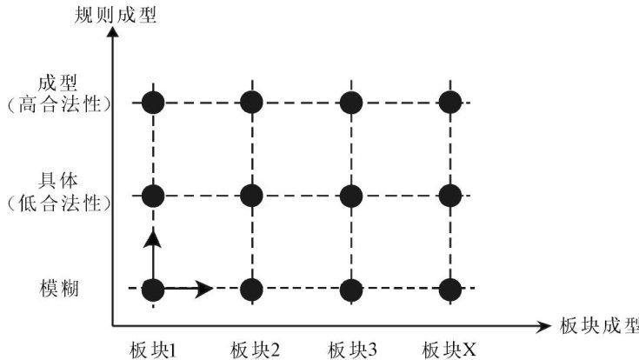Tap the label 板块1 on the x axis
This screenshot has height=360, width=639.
point(154,349)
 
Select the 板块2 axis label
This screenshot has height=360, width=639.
point(254,349)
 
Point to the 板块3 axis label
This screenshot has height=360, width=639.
point(352,349)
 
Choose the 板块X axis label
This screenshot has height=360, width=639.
point(449,349)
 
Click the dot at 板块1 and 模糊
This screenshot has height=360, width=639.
point(153,289)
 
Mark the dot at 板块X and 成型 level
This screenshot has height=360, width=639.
point(449,103)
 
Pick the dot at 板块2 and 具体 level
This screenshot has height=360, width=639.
point(252,196)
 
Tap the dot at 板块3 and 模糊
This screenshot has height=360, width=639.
point(350,289)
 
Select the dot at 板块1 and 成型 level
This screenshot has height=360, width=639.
point(153,103)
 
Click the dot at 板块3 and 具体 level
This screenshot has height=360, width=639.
point(350,196)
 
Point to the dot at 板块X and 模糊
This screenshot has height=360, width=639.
point(449,289)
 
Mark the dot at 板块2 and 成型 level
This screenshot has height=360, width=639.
point(252,103)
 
